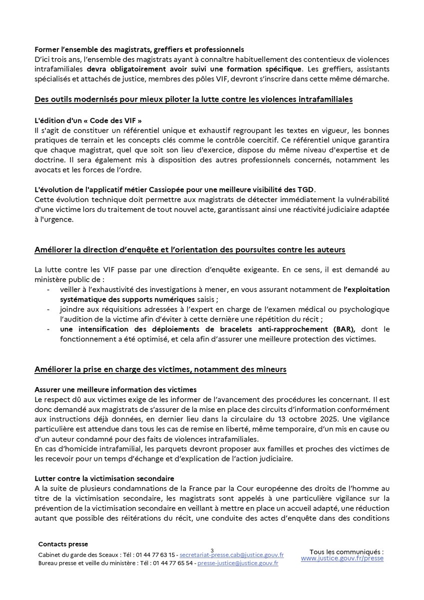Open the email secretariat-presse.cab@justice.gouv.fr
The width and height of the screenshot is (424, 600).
(231, 555)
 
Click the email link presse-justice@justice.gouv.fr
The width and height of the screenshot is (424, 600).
(238, 563)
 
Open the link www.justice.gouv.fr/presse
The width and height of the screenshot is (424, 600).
(342, 558)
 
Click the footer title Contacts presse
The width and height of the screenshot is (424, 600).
(62, 544)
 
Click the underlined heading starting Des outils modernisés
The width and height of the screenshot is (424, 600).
(193, 100)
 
